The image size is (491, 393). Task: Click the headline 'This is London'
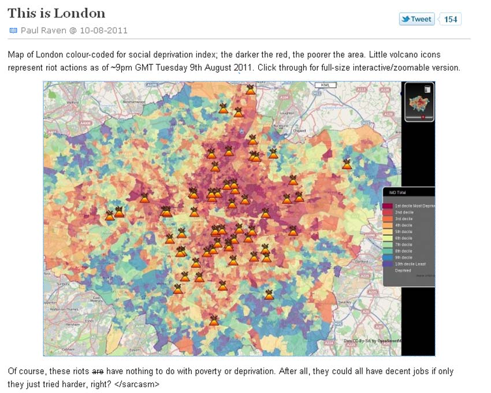[57, 13]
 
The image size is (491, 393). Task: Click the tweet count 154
[451, 19]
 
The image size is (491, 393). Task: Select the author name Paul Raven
[43, 30]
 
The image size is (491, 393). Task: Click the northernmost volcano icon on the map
[250, 90]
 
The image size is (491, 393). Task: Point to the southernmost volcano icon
[214, 320]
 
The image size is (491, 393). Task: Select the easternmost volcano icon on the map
[347, 164]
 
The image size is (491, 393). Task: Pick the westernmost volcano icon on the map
[110, 216]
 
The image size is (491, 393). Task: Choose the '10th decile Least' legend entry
[411, 264]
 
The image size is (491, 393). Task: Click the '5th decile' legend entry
[404, 232]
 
